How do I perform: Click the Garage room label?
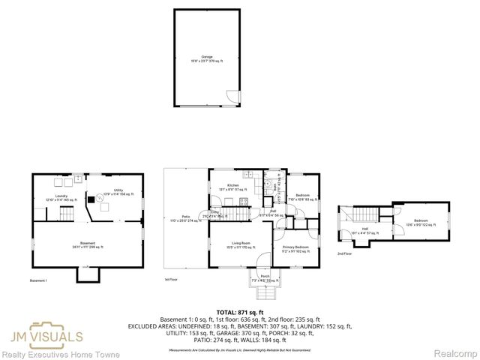click(205, 58)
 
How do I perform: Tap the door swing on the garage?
click(233, 97)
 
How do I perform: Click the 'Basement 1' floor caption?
click(38, 280)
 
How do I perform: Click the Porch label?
click(264, 277)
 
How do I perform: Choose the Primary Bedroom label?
click(295, 248)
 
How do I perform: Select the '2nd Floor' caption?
click(344, 254)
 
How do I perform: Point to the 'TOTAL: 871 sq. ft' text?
click(239, 310)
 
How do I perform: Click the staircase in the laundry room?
click(66, 214)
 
